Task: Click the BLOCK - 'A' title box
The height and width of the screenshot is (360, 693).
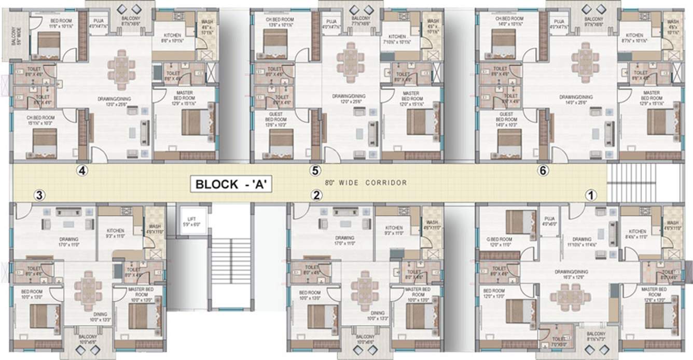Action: click(x=231, y=184)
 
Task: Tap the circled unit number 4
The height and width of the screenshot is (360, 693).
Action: click(x=81, y=170)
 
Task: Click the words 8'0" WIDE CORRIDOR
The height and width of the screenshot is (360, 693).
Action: click(x=366, y=183)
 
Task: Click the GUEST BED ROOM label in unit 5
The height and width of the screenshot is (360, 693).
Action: click(x=275, y=117)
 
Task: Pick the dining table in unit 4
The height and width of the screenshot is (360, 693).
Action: click(x=122, y=66)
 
